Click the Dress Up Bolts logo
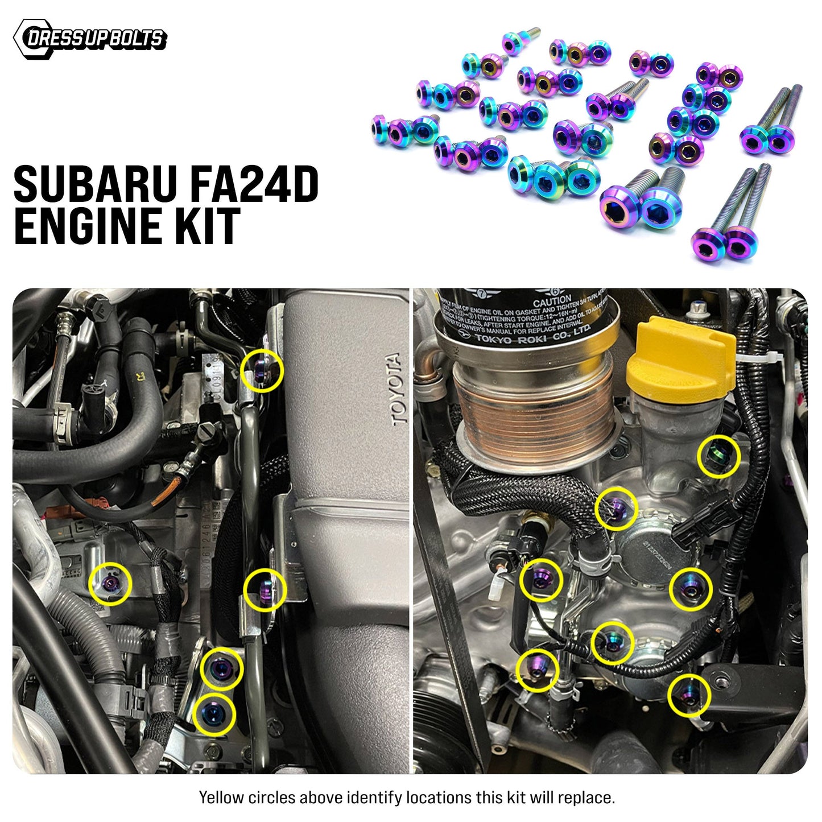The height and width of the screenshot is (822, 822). pos(90,39)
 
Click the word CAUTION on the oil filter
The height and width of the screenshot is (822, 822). pos(552,300)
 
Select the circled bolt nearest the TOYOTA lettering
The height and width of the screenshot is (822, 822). pos(262,370)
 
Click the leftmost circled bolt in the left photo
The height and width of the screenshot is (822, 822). pos(110,584)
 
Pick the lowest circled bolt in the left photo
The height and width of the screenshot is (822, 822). pos(214,714)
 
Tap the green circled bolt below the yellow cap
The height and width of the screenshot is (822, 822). pos(719,456)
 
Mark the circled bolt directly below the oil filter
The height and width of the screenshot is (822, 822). pos(616,508)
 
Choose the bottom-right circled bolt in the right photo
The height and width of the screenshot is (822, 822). pos(689,695)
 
